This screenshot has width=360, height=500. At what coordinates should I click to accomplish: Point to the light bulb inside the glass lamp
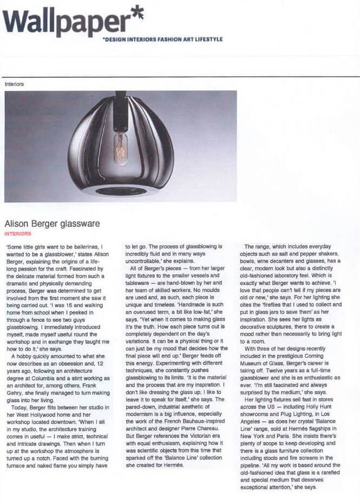(x=120, y=147)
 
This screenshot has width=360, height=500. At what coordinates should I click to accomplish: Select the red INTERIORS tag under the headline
(x=17, y=234)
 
